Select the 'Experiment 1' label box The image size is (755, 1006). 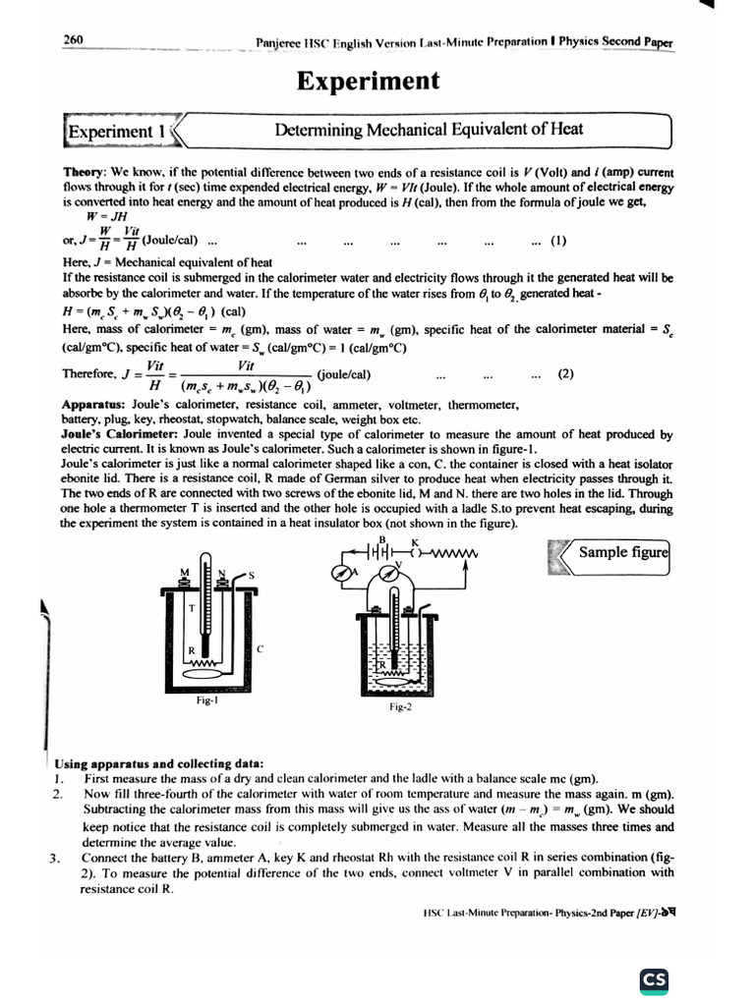click(x=109, y=130)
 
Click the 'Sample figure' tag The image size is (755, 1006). click(x=621, y=552)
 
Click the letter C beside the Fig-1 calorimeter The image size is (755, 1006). click(x=260, y=649)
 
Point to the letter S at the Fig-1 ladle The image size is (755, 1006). click(x=250, y=574)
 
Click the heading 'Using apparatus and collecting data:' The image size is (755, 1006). click(x=158, y=762)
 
